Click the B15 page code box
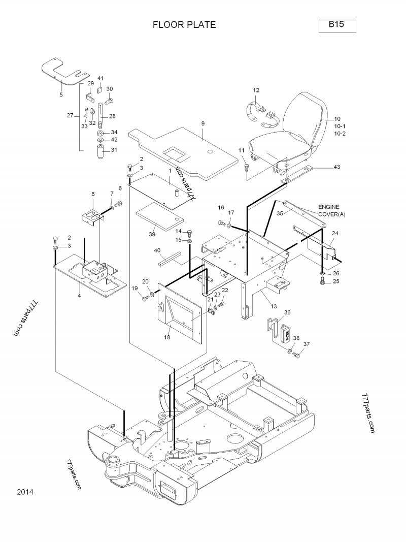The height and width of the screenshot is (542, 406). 337,25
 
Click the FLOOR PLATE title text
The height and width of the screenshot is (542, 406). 184,25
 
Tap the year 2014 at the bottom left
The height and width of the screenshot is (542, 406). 25,492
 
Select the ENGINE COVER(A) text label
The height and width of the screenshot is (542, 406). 331,210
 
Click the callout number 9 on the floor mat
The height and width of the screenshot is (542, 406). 202,123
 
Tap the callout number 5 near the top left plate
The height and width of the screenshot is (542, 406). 61,94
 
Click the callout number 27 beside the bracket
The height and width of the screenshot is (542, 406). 70,115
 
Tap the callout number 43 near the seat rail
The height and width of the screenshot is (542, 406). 337,167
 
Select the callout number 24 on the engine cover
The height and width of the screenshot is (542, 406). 335,233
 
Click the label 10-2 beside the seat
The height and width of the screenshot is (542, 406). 340,133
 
